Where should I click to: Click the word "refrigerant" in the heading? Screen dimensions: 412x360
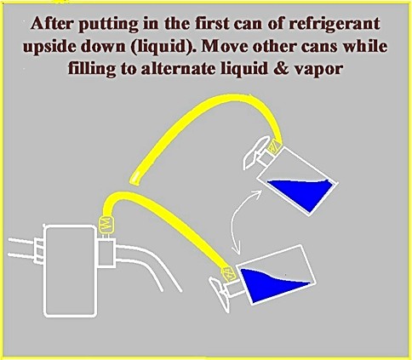coord(334,25)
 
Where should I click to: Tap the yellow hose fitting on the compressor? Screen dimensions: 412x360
coord(106,225)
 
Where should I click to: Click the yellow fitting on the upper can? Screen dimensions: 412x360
coord(274,146)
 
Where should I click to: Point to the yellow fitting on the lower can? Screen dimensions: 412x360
coord(228,273)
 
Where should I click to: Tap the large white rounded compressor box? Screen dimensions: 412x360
coord(70,271)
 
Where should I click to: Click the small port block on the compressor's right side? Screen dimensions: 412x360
coord(106,253)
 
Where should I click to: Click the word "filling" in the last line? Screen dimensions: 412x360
coord(93,69)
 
